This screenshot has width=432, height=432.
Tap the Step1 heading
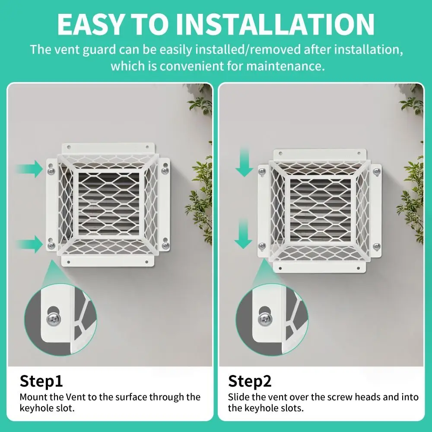[x=41, y=381]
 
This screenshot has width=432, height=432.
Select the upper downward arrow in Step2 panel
[x=244, y=162]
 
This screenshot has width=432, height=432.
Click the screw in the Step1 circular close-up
[x=54, y=319]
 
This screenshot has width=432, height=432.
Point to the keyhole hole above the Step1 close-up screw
[x=53, y=310]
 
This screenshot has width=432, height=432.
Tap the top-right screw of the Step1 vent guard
[x=165, y=171]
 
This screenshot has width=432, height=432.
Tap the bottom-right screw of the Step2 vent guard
[x=377, y=246]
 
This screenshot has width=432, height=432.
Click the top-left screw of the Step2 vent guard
[x=262, y=172]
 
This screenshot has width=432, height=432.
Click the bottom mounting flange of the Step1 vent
[x=107, y=260]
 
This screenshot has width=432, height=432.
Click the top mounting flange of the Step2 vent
[x=320, y=154]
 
